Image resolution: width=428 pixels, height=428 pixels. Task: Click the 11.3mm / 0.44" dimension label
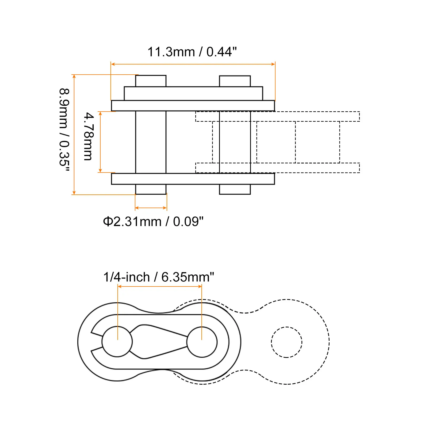coord(192,52)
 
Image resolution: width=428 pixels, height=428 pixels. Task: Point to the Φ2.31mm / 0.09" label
coord(153,222)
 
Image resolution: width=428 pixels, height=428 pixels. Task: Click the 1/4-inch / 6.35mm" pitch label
coord(159,277)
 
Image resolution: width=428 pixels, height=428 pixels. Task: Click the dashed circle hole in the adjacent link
coord(286,342)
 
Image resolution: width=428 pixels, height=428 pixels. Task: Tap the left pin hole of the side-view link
coord(117,342)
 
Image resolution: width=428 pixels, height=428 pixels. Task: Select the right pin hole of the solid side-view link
coord(202,342)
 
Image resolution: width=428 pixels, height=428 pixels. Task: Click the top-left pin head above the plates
coord(151,81)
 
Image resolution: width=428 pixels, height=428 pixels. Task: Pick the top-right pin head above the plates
coord(235,81)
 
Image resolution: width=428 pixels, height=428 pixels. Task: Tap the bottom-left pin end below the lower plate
coord(151,189)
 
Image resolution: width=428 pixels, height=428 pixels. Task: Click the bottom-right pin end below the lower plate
coord(235,189)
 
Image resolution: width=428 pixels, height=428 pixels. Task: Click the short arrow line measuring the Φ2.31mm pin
coord(151,208)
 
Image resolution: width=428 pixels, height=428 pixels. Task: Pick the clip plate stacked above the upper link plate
coord(193,93)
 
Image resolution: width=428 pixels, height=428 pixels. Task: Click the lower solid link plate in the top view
coord(193,179)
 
